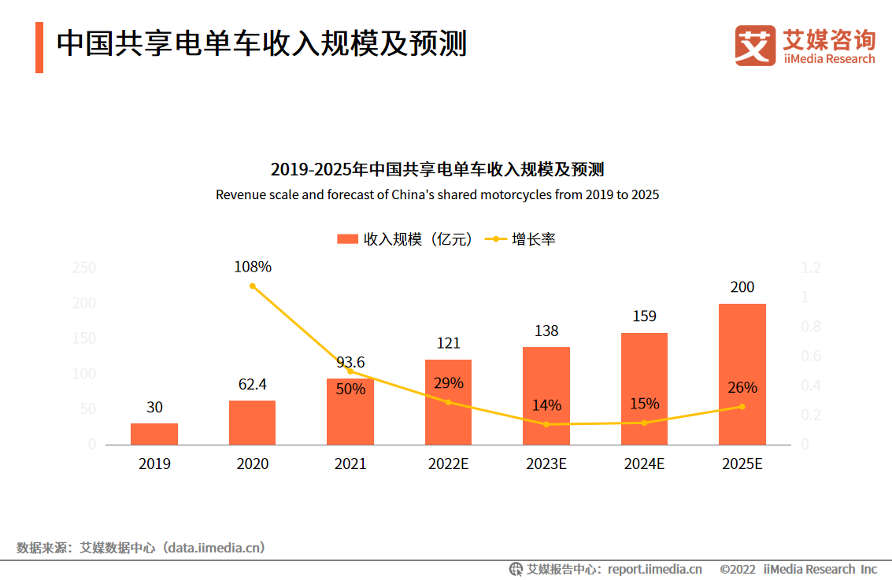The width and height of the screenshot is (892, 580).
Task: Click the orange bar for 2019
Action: (x=154, y=434)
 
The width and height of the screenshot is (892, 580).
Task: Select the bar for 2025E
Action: (x=742, y=374)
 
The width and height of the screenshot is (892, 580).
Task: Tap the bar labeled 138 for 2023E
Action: (x=546, y=396)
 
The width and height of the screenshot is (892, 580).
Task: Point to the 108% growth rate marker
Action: (x=253, y=286)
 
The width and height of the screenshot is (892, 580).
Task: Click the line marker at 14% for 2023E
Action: (x=546, y=424)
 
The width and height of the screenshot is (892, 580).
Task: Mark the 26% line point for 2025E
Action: (x=742, y=406)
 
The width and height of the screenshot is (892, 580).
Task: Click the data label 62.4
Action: (x=252, y=385)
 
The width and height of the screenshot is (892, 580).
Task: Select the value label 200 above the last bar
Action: (x=742, y=287)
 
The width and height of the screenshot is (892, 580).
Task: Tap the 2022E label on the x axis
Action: (x=448, y=464)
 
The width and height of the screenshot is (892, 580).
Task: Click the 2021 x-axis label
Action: (x=350, y=464)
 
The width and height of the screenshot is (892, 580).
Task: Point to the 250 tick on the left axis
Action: (x=83, y=268)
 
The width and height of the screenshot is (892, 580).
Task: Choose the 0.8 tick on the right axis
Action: (x=810, y=327)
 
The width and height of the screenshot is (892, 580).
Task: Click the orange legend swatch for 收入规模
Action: (x=347, y=239)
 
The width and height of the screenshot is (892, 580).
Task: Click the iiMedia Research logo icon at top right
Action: (x=756, y=46)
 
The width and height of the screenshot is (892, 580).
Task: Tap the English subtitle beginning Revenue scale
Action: (x=437, y=194)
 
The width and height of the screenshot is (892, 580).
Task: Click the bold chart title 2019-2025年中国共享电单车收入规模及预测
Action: (x=437, y=169)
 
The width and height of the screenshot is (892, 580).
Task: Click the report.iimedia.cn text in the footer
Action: (x=654, y=569)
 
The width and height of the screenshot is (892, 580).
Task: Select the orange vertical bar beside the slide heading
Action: (x=39, y=47)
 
